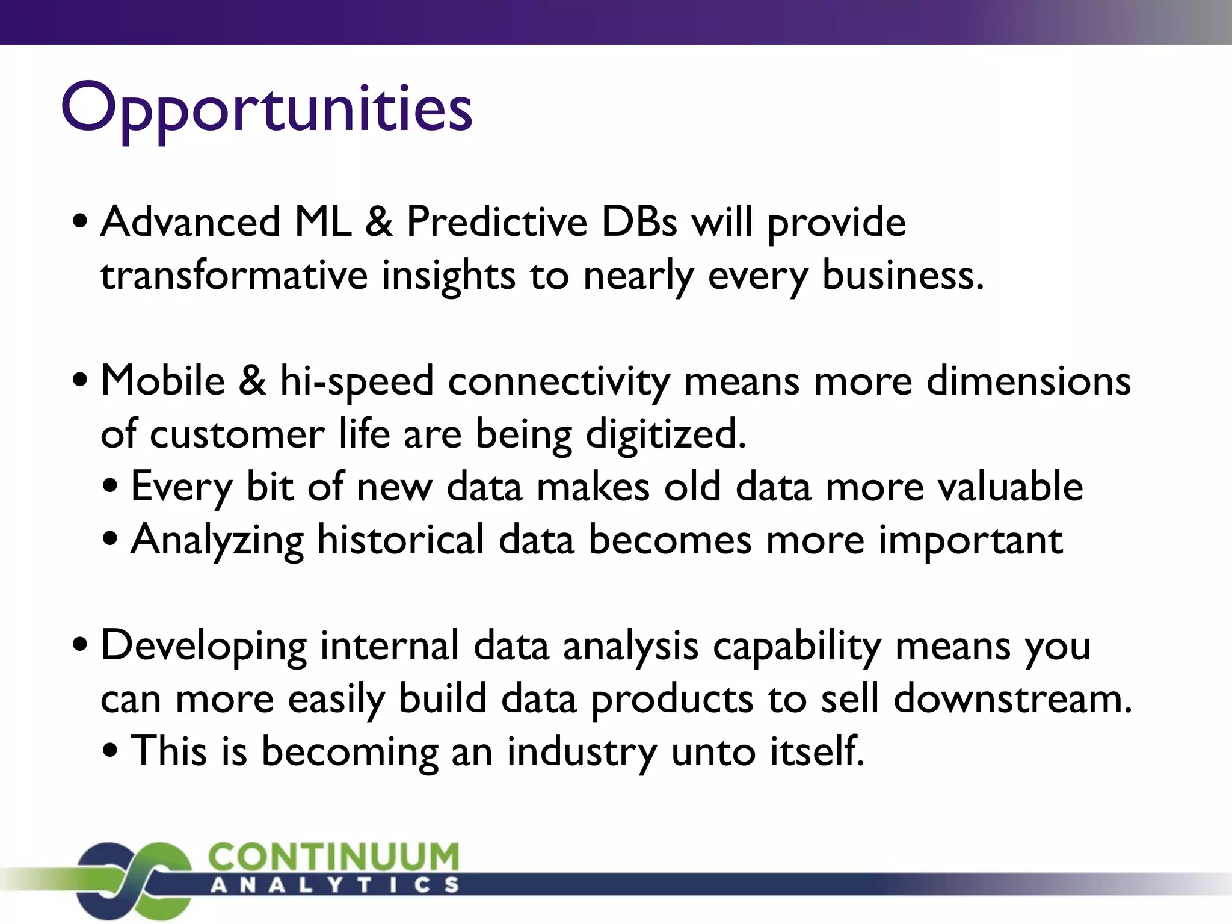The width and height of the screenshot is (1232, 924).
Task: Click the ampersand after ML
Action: [378, 222]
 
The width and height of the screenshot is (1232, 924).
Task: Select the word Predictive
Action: [496, 222]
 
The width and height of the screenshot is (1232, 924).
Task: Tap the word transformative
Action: [234, 276]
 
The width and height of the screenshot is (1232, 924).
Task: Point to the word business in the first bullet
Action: [902, 276]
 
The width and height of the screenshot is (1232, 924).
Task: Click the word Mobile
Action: [162, 381]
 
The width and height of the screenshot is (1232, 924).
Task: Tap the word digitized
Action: [666, 434]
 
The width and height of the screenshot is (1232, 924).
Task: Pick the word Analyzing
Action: [217, 540]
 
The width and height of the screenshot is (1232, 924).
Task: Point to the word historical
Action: [400, 540]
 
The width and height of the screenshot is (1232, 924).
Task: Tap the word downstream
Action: [1012, 699]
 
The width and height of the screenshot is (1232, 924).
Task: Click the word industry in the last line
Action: [581, 752]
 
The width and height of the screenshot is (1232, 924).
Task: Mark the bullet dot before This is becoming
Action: [110, 753]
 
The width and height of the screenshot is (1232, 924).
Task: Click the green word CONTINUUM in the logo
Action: [333, 856]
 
